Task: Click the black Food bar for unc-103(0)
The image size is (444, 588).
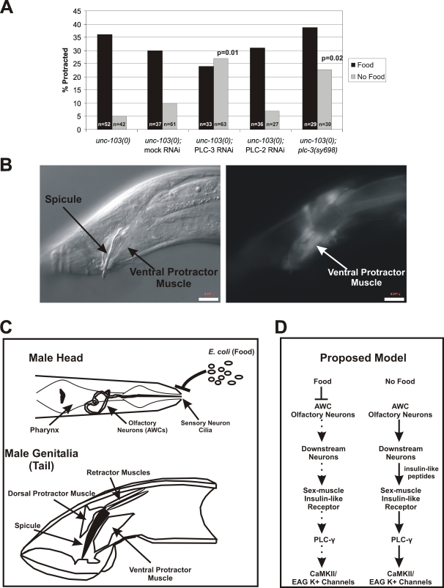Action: point(104,81)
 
